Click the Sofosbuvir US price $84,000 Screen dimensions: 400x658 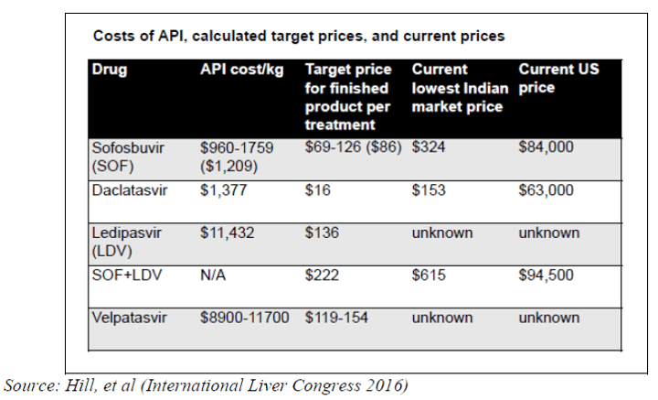(546, 147)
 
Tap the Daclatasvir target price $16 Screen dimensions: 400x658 (317, 190)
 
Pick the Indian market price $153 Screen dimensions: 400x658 (428, 190)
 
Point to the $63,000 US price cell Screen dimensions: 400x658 (546, 190)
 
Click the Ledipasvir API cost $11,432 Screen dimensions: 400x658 (228, 233)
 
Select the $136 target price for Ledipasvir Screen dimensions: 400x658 (321, 233)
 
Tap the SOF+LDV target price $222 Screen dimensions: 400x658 (321, 276)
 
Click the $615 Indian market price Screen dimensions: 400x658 (428, 276)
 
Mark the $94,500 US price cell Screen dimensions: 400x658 (546, 276)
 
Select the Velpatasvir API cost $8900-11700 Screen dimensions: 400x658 (244, 318)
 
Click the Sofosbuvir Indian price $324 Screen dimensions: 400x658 (428, 147)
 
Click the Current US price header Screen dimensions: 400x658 (558, 79)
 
